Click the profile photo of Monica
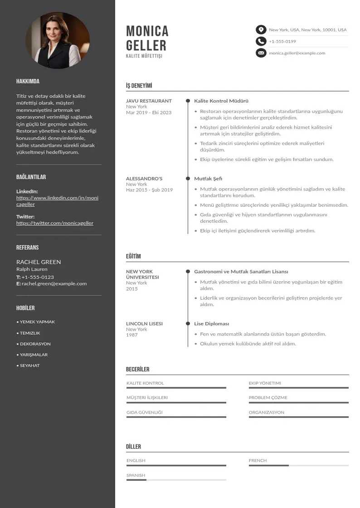pyautogui.click(x=58, y=40)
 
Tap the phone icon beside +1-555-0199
pyautogui.click(x=261, y=41)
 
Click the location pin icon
pyautogui.click(x=261, y=30)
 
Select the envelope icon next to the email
pyautogui.click(x=261, y=53)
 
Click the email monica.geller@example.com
pyautogui.click(x=297, y=53)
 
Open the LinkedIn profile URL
pyautogui.click(x=57, y=201)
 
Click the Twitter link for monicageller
pyautogui.click(x=55, y=223)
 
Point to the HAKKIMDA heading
pyautogui.click(x=28, y=82)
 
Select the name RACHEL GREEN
pyautogui.click(x=39, y=262)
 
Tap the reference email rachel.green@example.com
pyautogui.click(x=54, y=283)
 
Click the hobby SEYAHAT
pyautogui.click(x=29, y=366)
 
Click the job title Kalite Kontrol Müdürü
pyautogui.click(x=221, y=101)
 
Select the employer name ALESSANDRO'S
pyautogui.click(x=144, y=178)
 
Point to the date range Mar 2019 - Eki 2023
pyautogui.click(x=149, y=112)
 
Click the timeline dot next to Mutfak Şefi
pyautogui.click(x=188, y=178)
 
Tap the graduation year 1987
pyautogui.click(x=131, y=335)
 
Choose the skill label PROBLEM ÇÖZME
pyautogui.click(x=268, y=398)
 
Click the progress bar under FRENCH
pyautogui.click(x=298, y=465)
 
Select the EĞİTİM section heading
pyautogui.click(x=133, y=256)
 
